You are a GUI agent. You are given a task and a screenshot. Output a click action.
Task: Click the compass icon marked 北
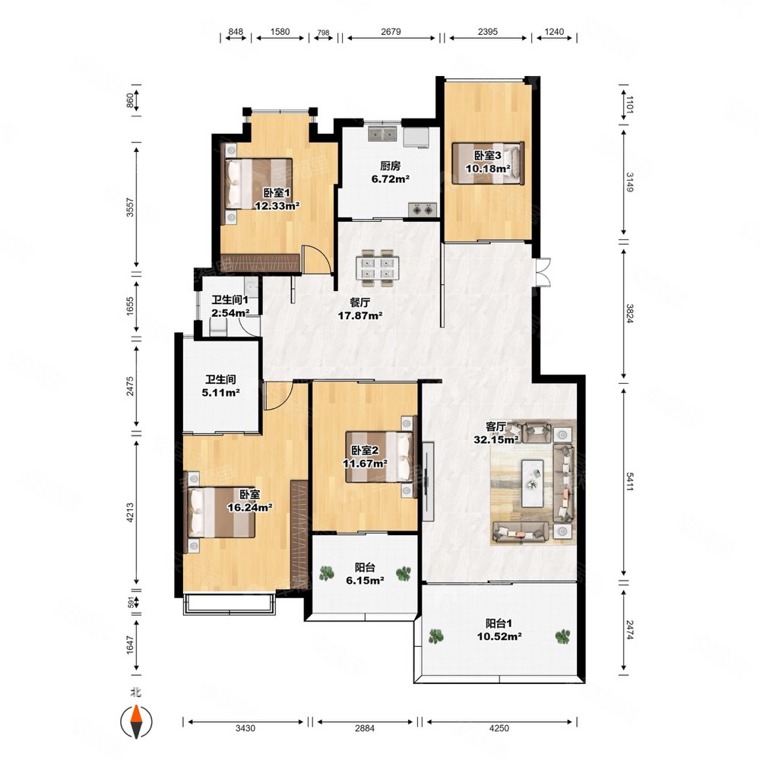click(136, 721)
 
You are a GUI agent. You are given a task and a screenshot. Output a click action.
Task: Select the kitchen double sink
click(383, 133)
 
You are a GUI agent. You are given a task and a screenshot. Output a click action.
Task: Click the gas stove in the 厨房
click(423, 210)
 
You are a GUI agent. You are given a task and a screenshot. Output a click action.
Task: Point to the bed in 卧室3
click(488, 163)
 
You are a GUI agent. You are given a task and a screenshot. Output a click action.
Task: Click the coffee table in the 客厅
click(532, 483)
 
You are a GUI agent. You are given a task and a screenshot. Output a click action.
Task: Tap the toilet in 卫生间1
click(219, 327)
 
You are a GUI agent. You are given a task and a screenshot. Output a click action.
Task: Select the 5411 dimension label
click(629, 481)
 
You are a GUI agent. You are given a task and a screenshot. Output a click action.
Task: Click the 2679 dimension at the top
click(391, 31)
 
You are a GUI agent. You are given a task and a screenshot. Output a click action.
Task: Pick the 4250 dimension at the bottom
click(499, 728)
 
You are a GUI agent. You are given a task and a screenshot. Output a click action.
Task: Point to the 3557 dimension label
click(129, 207)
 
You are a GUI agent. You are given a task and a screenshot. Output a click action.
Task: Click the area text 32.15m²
click(496, 439)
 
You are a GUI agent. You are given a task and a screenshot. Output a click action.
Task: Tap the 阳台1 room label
click(499, 623)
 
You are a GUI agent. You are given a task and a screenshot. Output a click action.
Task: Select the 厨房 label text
click(390, 166)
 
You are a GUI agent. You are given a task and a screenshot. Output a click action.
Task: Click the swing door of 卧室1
click(316, 259)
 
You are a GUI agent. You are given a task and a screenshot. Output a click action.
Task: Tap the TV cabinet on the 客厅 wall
click(427, 481)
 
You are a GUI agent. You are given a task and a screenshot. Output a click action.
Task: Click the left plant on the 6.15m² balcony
click(327, 573)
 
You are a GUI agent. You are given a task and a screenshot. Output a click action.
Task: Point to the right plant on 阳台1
click(562, 636)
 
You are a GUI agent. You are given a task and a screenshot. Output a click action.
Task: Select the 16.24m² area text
click(249, 508)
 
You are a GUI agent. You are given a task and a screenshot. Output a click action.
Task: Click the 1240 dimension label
click(554, 31)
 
